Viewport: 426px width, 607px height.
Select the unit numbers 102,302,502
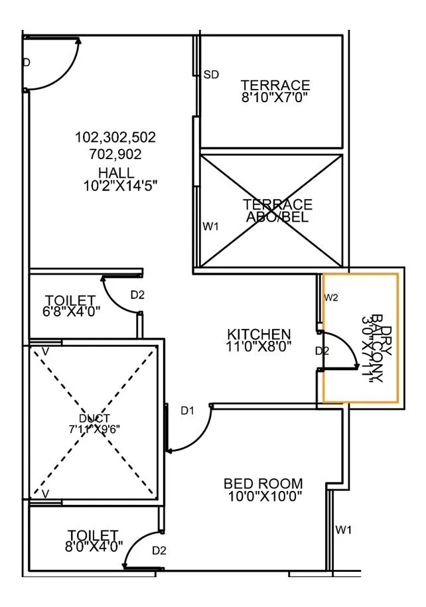click(x=115, y=138)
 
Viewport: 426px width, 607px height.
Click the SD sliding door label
click(x=211, y=74)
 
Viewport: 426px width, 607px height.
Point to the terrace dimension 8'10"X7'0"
click(x=275, y=97)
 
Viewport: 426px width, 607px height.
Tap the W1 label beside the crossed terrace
click(x=211, y=227)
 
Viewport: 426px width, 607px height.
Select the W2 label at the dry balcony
click(x=331, y=297)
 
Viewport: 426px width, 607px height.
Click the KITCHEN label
click(x=259, y=334)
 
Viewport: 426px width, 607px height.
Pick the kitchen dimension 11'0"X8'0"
click(x=259, y=346)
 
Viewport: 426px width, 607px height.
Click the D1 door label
click(x=188, y=411)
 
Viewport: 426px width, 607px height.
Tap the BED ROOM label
click(x=263, y=484)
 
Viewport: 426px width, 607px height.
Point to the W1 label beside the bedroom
click(x=343, y=529)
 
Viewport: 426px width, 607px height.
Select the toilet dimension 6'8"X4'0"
click(x=72, y=310)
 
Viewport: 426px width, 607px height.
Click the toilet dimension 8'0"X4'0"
click(x=94, y=547)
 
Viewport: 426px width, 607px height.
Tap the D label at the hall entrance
click(x=27, y=63)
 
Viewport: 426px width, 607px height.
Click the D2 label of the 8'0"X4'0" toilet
click(x=159, y=550)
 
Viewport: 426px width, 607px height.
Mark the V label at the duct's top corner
click(x=45, y=350)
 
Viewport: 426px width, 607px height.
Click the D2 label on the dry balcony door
click(x=322, y=350)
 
